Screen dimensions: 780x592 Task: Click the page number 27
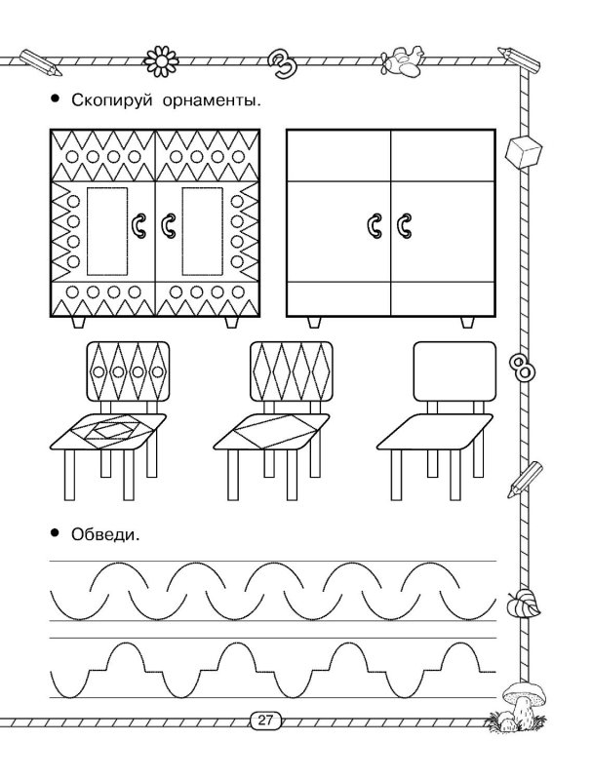[265, 721]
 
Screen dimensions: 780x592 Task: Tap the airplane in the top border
[402, 60]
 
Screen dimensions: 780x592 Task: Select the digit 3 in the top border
[284, 61]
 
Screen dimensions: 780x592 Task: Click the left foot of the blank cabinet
[315, 322]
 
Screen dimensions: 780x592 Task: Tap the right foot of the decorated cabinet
[232, 322]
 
